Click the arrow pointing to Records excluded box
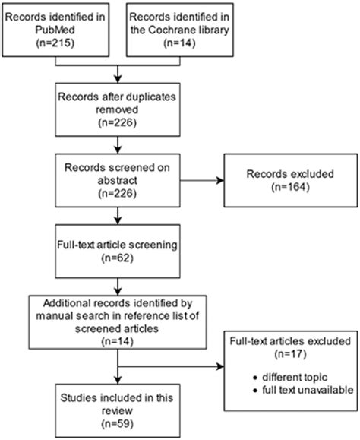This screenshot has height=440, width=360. pos(213,180)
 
